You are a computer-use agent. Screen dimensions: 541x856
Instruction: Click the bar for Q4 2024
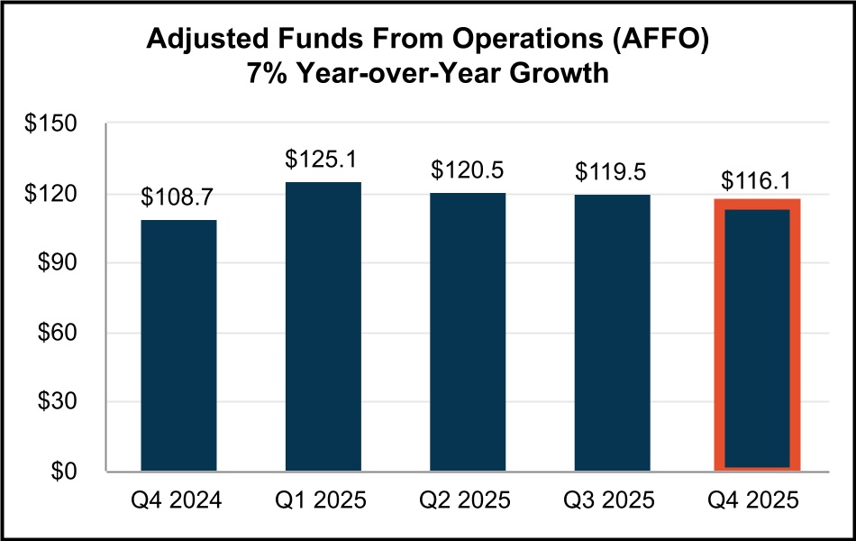(x=178, y=345)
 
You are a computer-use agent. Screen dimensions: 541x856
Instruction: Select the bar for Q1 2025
(x=323, y=326)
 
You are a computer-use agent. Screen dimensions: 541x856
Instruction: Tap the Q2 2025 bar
(x=468, y=332)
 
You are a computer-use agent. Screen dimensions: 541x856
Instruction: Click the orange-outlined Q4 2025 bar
(x=757, y=335)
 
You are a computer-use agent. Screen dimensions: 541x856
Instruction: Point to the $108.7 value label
(x=178, y=197)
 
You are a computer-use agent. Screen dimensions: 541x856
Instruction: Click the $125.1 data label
(x=323, y=160)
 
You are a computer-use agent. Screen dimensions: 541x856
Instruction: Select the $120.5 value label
(x=468, y=170)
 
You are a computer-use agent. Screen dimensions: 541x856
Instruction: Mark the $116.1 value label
(x=757, y=180)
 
